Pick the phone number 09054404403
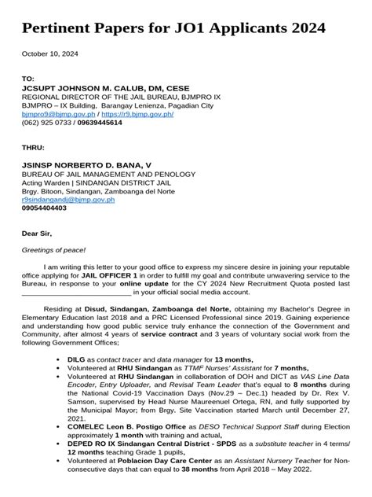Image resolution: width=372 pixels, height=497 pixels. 44,208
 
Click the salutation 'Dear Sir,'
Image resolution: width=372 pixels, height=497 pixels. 39,234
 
